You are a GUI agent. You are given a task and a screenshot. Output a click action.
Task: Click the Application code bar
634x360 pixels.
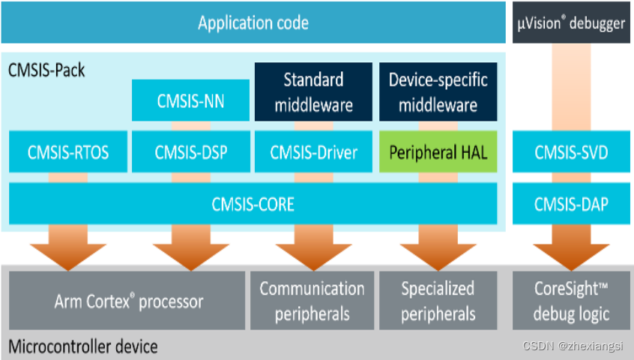tap(253, 22)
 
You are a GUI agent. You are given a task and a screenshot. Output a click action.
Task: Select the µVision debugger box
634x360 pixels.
tap(571, 22)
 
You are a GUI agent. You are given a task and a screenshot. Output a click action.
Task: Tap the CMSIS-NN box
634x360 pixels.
tap(190, 100)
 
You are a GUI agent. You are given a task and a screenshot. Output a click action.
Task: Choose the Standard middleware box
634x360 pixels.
tap(313, 91)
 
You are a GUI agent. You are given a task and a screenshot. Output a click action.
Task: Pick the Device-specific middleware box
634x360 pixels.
tap(438, 91)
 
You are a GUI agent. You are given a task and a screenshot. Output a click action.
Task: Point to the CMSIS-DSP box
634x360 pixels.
tap(190, 152)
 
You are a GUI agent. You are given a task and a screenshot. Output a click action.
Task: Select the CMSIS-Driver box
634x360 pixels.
tap(313, 152)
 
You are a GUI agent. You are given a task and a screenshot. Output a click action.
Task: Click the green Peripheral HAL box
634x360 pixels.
tap(438, 152)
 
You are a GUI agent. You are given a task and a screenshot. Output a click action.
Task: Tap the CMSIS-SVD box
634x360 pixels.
tap(571, 152)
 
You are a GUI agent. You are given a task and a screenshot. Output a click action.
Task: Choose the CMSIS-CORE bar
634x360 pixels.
tap(253, 203)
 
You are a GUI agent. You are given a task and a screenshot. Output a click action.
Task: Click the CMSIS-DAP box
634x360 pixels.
tap(571, 203)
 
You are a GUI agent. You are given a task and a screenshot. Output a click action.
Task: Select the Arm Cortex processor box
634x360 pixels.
tap(127, 301)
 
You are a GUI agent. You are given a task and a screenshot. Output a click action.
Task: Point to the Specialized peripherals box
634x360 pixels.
tap(438, 301)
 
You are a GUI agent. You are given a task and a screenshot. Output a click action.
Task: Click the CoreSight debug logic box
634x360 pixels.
tap(571, 301)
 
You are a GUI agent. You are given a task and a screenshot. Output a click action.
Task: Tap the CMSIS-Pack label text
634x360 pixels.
tap(46, 71)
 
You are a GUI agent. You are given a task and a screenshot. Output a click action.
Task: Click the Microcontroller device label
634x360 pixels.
tap(82, 346)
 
